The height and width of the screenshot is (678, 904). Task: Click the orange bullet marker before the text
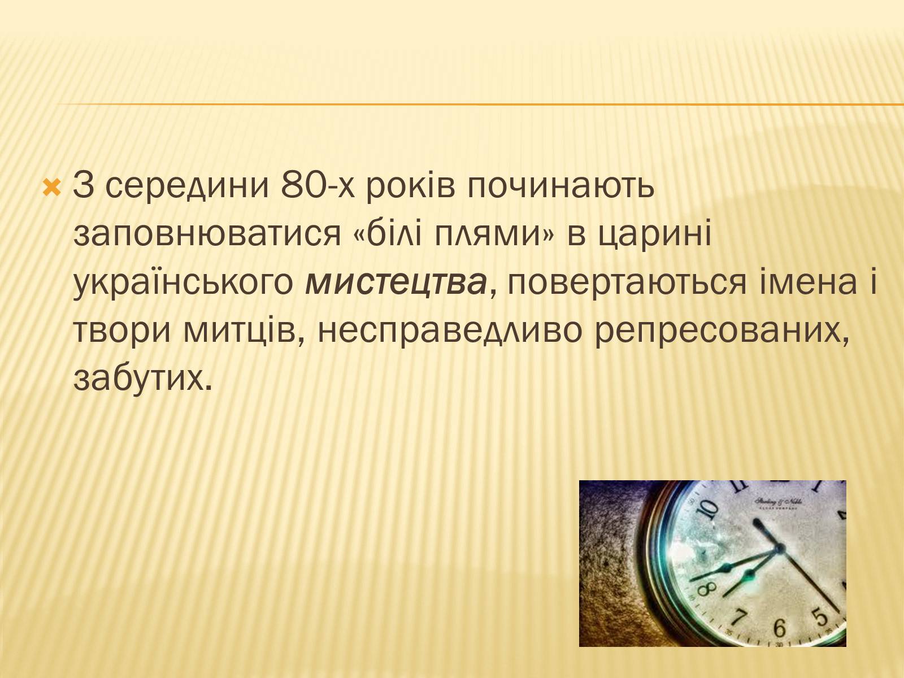[52, 188]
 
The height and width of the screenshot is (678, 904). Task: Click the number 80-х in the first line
[318, 185]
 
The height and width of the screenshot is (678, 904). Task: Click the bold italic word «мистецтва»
[396, 283]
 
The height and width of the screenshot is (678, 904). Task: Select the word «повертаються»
[627, 283]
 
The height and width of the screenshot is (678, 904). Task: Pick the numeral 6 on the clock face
[779, 627]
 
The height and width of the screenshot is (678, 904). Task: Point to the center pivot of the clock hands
[779, 548]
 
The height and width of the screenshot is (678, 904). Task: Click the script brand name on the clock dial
[778, 502]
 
